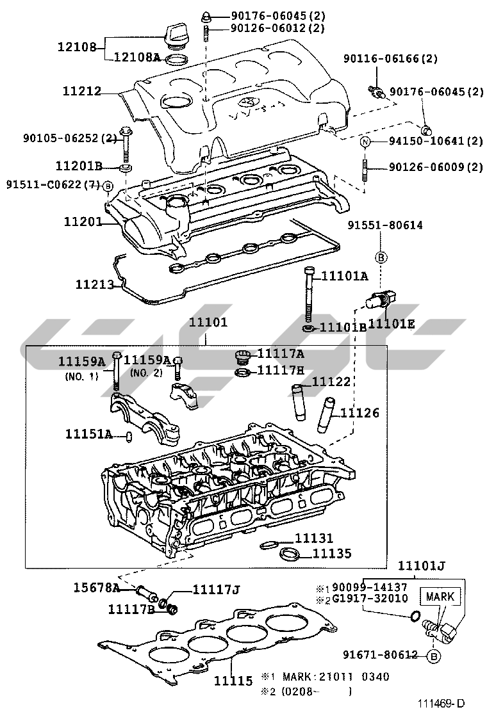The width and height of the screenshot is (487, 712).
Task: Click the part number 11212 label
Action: (81, 91)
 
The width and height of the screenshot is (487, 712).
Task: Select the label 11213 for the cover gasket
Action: (94, 284)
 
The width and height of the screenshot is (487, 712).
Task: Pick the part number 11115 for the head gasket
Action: (233, 681)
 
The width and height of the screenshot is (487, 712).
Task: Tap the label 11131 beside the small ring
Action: (314, 538)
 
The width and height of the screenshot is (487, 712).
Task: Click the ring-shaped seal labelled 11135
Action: (290, 553)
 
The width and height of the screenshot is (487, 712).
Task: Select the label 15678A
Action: (95, 587)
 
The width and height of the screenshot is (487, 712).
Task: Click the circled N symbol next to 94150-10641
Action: (365, 142)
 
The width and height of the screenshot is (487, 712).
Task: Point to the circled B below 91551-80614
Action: (381, 257)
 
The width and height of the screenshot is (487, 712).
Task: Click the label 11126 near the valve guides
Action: (359, 413)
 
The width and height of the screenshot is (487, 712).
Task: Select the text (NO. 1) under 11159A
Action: (82, 376)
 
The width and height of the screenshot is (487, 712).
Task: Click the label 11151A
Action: (88, 435)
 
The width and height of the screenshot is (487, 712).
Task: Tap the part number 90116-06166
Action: (390, 58)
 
